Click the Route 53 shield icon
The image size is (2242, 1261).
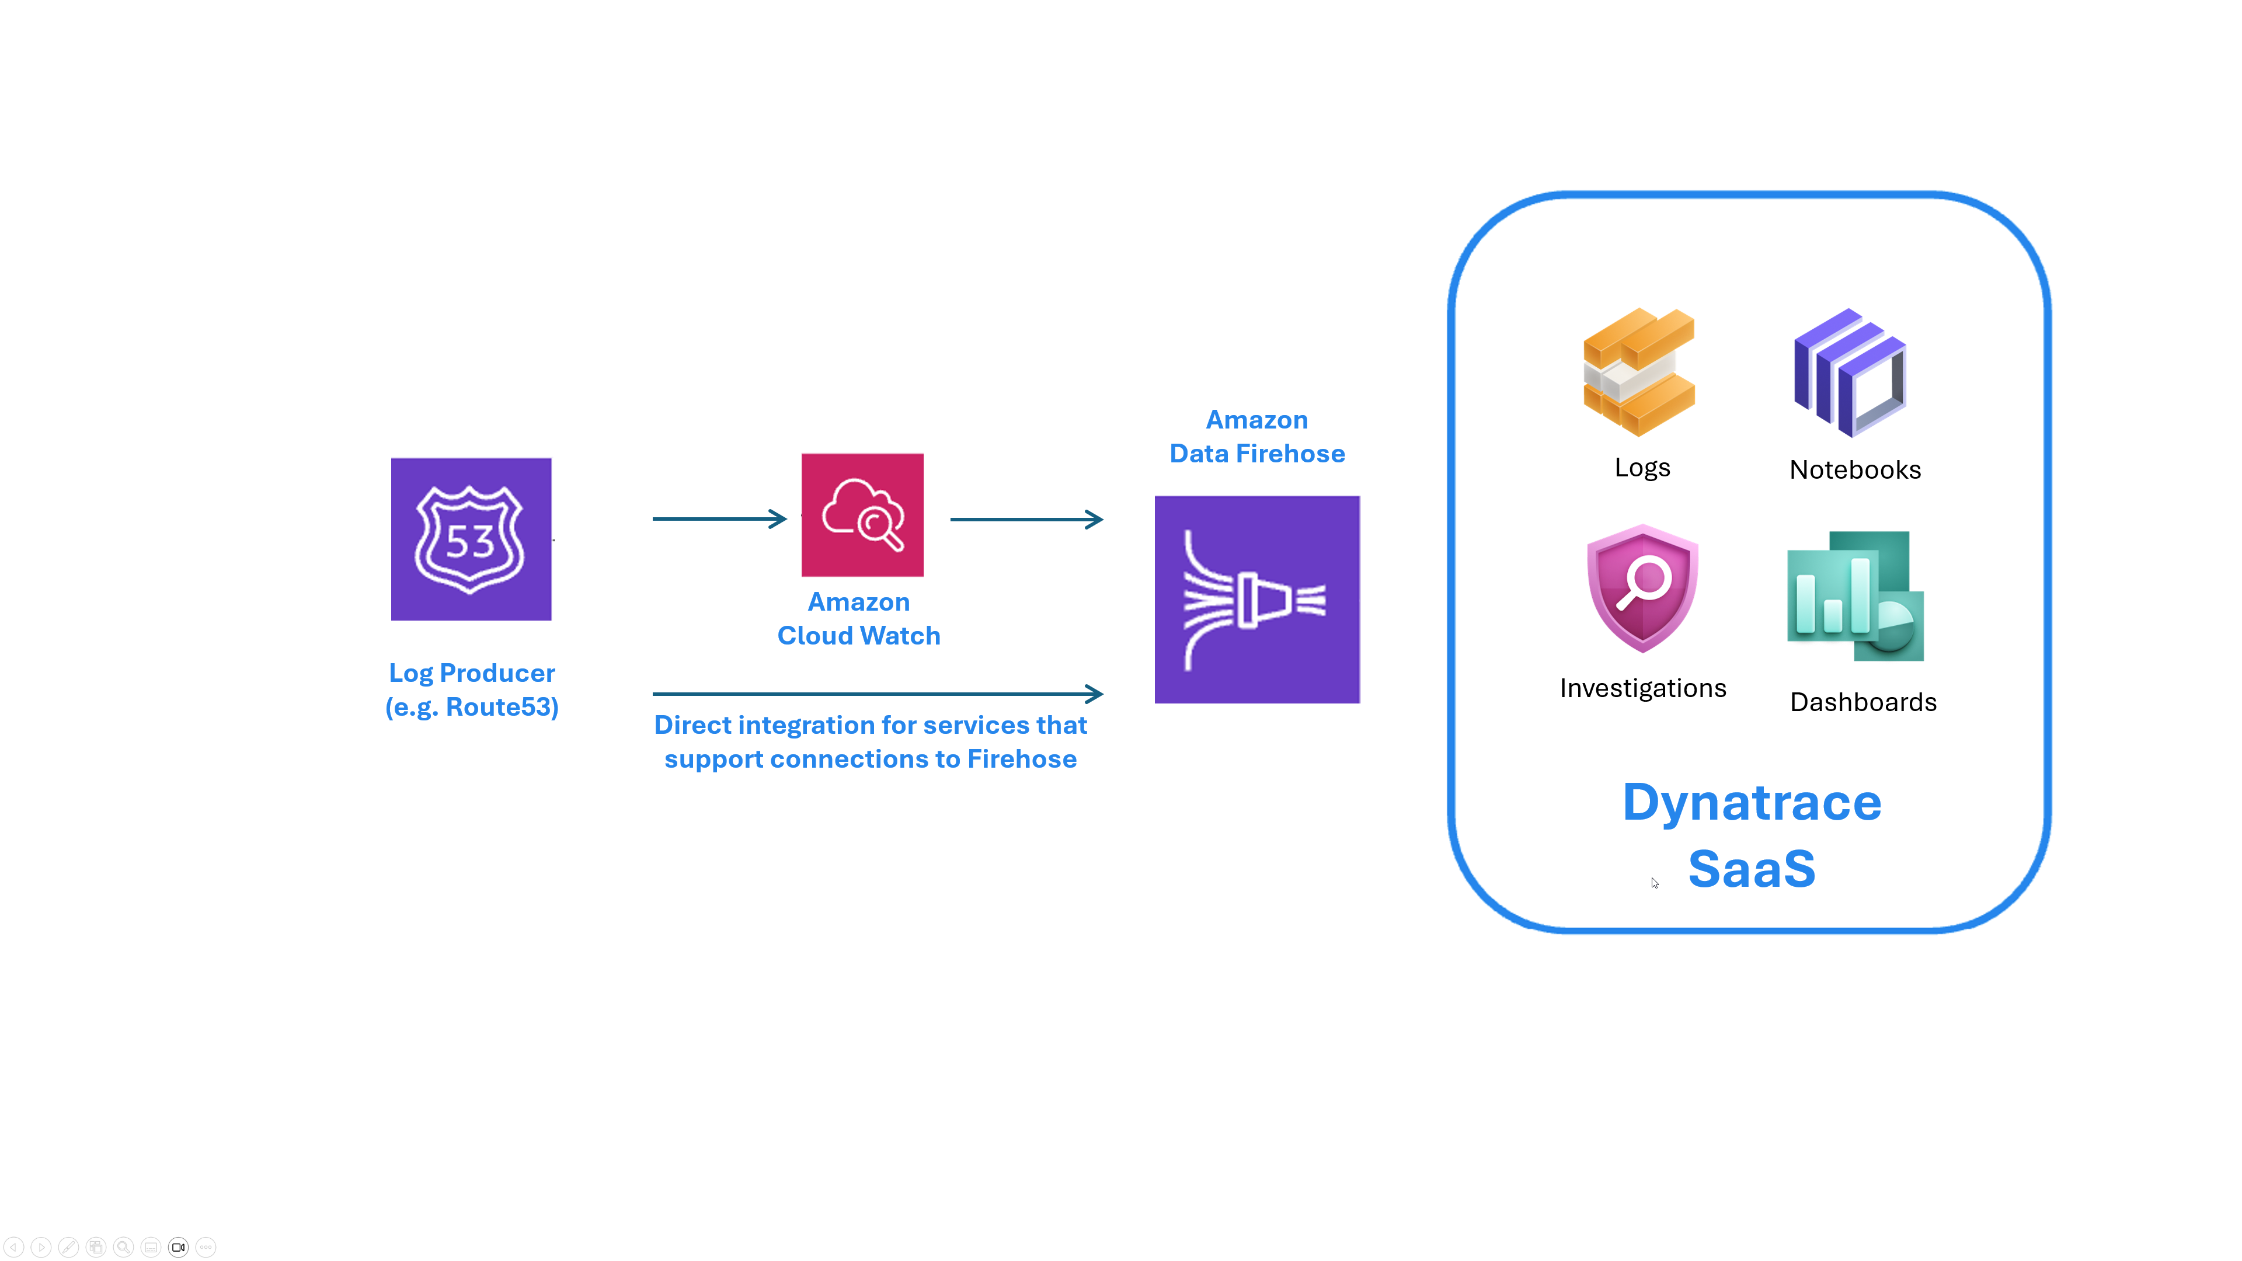click(471, 539)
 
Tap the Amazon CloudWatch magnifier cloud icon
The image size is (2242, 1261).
click(862, 514)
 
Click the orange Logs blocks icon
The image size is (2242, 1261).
click(1639, 372)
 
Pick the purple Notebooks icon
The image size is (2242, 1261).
click(1850, 372)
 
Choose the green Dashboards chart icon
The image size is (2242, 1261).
click(1855, 596)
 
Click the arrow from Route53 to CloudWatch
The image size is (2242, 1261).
click(719, 518)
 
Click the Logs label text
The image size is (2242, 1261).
click(1641, 467)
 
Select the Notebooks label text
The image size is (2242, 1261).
click(1855, 470)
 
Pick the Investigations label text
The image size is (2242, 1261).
click(1642, 688)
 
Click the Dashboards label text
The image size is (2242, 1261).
click(1862, 702)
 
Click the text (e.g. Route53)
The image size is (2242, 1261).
click(472, 706)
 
